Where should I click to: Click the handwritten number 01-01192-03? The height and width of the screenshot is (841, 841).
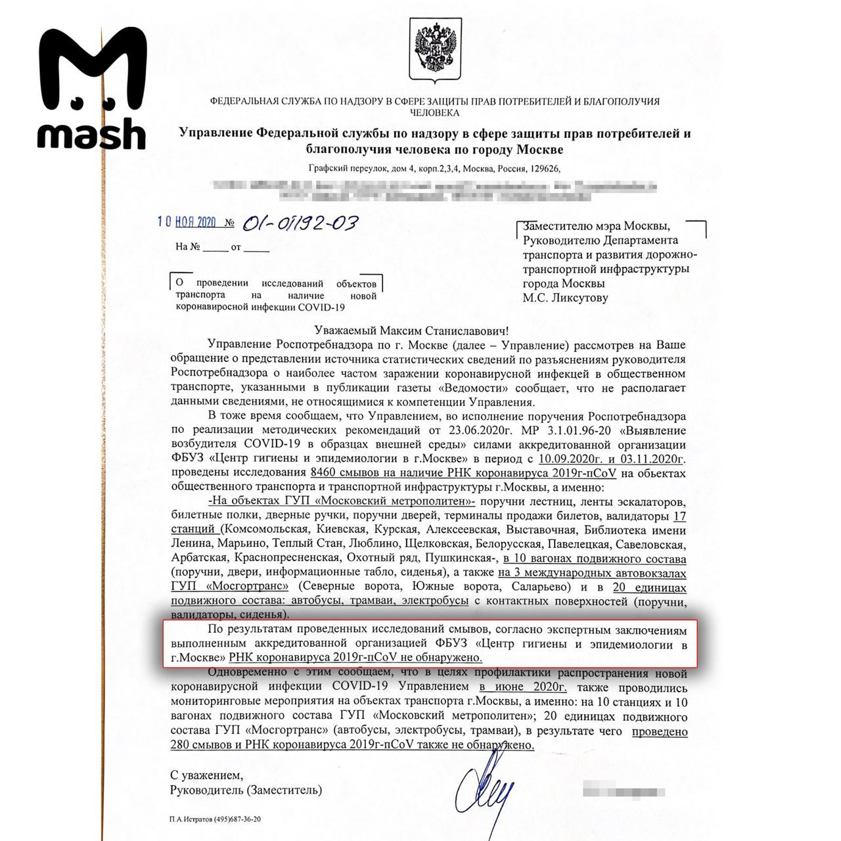300,223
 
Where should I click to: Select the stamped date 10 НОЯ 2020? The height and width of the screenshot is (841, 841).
188,222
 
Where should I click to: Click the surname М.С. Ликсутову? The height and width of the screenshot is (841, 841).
565,298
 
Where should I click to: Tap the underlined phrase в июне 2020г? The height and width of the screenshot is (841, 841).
523,688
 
